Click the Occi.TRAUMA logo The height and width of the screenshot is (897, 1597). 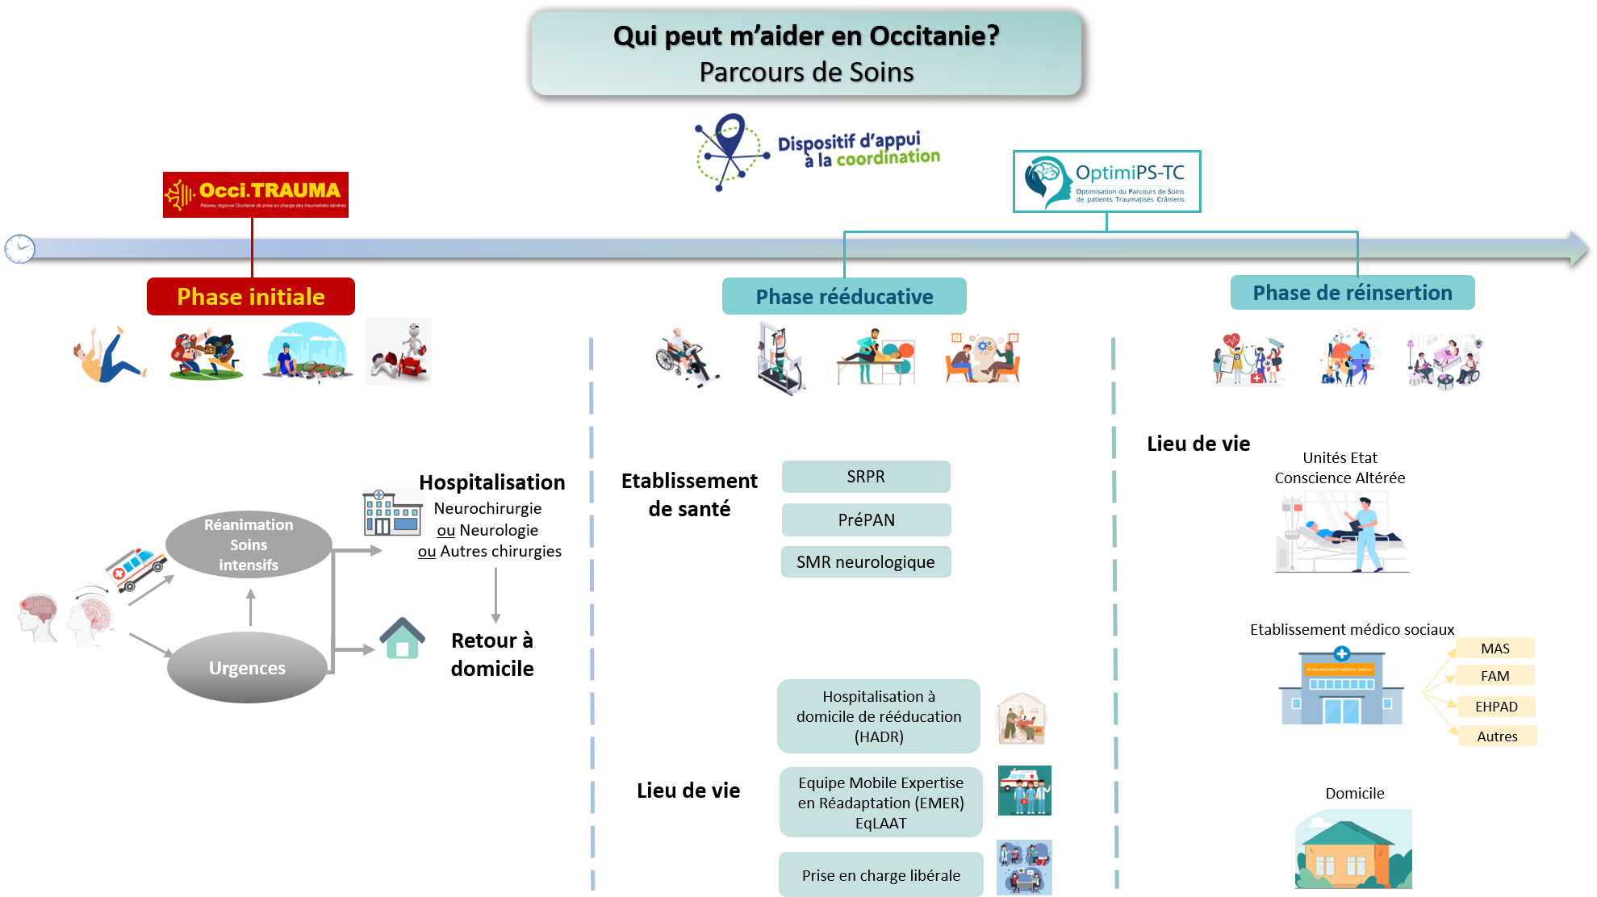point(255,194)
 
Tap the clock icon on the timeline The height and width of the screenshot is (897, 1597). point(19,248)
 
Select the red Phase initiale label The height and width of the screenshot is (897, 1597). point(250,297)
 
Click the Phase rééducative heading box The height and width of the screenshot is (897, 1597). point(844,297)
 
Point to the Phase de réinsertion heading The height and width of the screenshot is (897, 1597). point(1352,293)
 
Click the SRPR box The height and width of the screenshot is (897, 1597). point(866,477)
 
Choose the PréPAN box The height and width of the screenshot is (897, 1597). point(866,520)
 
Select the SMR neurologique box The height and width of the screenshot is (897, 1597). point(866,562)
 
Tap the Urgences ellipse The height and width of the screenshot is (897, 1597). point(247,668)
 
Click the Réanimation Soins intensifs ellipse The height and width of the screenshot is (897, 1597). point(249,544)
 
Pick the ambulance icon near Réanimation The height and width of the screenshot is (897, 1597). point(135,568)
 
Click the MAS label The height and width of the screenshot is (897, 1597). point(1495,649)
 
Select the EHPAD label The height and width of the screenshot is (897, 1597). point(1496,707)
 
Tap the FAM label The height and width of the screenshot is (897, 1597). point(1495,676)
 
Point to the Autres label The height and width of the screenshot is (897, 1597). point(1497,736)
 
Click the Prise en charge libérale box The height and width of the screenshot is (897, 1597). point(880,875)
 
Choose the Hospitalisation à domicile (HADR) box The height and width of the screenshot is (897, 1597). point(879,716)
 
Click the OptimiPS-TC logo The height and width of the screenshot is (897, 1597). point(1106,181)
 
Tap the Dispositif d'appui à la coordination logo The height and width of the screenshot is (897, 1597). point(817,153)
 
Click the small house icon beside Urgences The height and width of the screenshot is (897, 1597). point(402,638)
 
